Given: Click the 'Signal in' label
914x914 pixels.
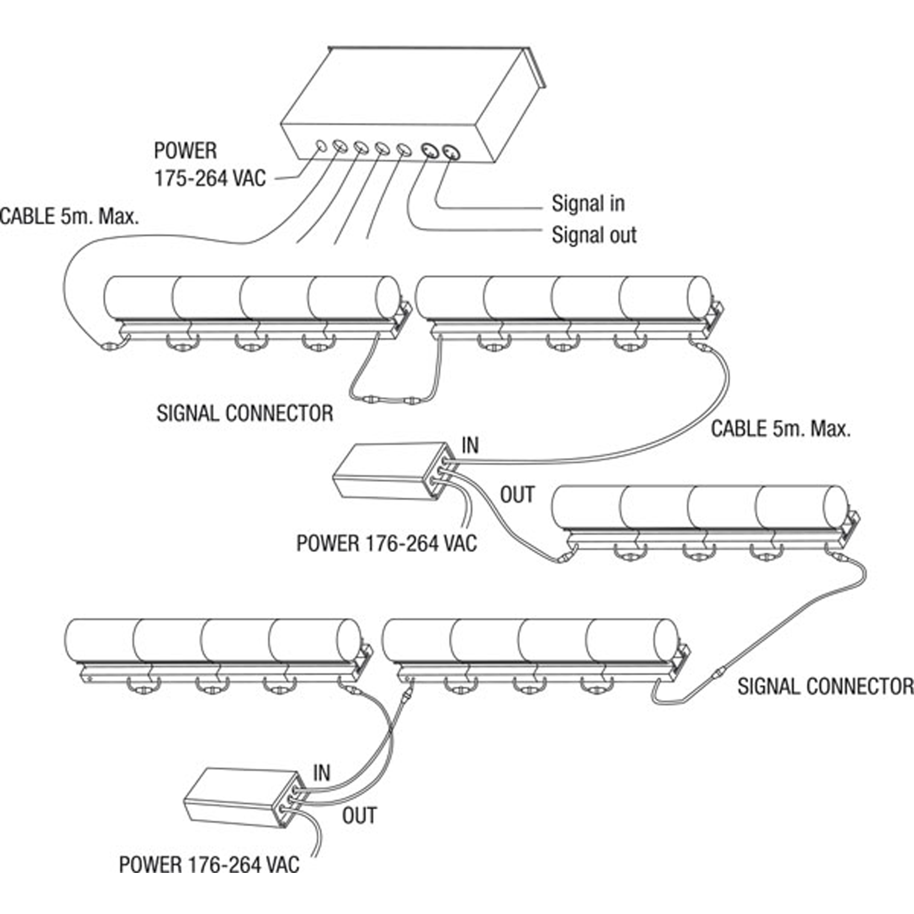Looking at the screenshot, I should (588, 204).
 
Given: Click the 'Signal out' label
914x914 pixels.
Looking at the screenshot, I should (594, 235).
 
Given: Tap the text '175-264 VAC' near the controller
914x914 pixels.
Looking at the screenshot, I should (210, 179).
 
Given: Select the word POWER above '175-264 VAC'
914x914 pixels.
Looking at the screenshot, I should (186, 151).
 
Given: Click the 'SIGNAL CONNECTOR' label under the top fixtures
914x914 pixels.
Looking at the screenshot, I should (244, 414).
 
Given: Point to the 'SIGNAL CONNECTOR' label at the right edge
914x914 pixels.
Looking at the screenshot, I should (825, 686).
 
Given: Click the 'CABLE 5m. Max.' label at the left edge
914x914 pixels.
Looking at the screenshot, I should (69, 217).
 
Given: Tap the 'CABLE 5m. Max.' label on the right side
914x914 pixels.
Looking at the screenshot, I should (781, 429).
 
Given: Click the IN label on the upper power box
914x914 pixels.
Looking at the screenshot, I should (470, 446).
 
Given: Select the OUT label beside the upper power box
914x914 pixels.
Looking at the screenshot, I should (517, 495).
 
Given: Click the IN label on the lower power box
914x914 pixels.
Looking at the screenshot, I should (321, 773).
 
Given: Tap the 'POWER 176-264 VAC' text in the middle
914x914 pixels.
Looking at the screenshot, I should (387, 543).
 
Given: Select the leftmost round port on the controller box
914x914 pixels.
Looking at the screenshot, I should (321, 145).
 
